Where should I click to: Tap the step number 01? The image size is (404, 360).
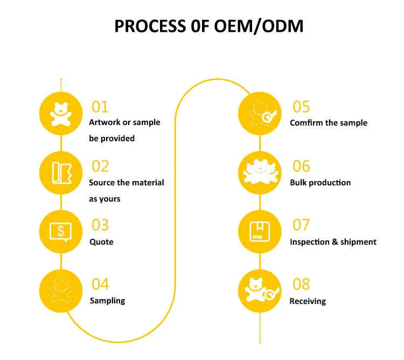(x=100, y=106)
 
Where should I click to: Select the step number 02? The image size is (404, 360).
(x=100, y=166)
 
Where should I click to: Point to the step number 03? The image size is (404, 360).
(x=100, y=225)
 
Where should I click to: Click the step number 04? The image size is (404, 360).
(x=100, y=284)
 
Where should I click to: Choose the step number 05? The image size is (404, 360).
(x=301, y=106)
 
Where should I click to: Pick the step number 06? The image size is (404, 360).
(x=301, y=166)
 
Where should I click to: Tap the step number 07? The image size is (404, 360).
(x=301, y=225)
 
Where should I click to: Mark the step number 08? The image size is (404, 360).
(x=301, y=284)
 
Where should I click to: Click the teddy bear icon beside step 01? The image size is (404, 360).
(x=61, y=114)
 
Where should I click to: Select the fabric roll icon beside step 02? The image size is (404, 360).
(x=61, y=173)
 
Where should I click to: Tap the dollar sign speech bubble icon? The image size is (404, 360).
(x=61, y=232)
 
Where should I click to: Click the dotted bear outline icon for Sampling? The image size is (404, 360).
(x=61, y=292)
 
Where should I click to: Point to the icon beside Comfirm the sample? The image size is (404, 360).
(x=260, y=114)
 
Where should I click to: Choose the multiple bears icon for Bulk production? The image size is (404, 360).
(x=260, y=173)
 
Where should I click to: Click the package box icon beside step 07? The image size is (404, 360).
(x=260, y=232)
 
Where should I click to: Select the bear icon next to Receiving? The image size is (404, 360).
(x=260, y=292)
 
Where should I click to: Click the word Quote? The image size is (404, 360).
(x=101, y=242)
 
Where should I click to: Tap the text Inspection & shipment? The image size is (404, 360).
(x=333, y=242)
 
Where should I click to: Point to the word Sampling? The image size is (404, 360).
(x=107, y=301)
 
